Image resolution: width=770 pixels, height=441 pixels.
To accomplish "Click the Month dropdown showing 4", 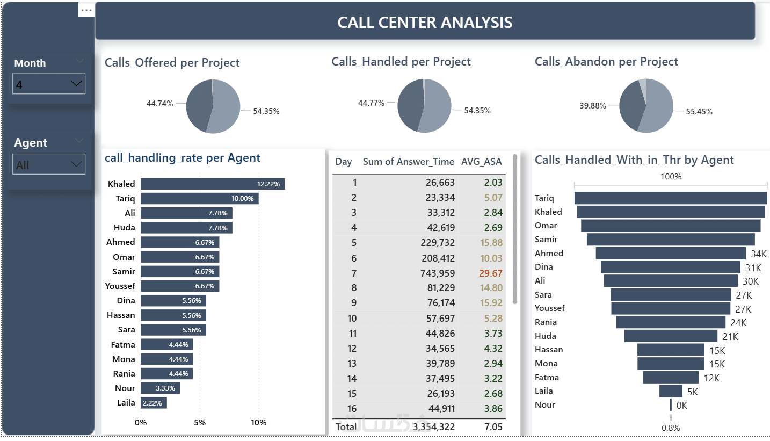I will coord(48,84).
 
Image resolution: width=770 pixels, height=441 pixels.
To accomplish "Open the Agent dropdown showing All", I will coord(48,164).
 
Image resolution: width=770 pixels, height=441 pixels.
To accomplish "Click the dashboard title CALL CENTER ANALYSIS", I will coord(425,22).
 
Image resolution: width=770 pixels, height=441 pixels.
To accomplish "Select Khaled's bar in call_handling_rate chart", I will coord(213,184).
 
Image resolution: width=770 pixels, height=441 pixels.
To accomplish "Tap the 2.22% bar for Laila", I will coord(154,402).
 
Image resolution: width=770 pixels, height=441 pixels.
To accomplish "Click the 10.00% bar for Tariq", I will coord(199,198).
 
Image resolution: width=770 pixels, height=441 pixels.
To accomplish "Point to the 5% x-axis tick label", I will coord(200,422).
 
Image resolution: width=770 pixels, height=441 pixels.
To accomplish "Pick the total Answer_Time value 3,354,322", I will coord(433,426).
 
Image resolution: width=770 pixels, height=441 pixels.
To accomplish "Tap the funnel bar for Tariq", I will coord(671,198).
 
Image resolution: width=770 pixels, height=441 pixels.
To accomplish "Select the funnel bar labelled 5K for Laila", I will coord(671,391).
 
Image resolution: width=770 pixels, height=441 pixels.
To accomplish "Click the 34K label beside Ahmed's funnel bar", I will coord(759,254).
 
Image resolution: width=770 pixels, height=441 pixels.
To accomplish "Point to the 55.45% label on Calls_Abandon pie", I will coord(699,112).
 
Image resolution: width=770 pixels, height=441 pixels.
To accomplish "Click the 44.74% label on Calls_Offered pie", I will coord(159,104).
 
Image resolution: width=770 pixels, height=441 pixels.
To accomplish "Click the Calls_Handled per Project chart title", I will coord(401,62).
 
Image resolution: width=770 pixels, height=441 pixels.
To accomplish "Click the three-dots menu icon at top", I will coord(86,10).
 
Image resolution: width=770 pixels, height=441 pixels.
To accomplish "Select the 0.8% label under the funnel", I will coord(671,428).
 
